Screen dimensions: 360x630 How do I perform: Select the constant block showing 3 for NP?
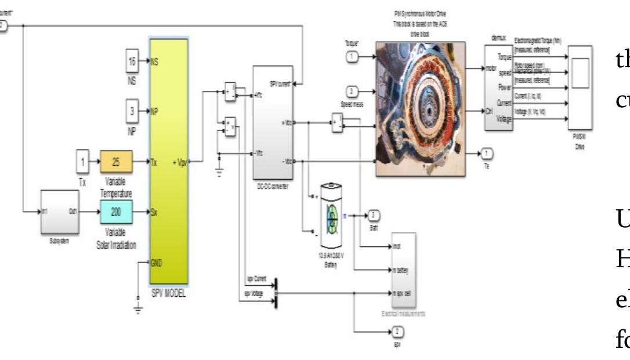click(132, 111)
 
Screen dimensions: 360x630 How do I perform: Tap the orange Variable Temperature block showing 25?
click(116, 162)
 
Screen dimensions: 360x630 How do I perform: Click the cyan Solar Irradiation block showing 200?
click(116, 212)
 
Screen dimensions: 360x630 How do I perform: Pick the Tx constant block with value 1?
click(84, 162)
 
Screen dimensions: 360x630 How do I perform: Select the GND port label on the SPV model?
click(157, 262)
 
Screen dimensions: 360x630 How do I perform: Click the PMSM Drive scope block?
click(580, 87)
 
